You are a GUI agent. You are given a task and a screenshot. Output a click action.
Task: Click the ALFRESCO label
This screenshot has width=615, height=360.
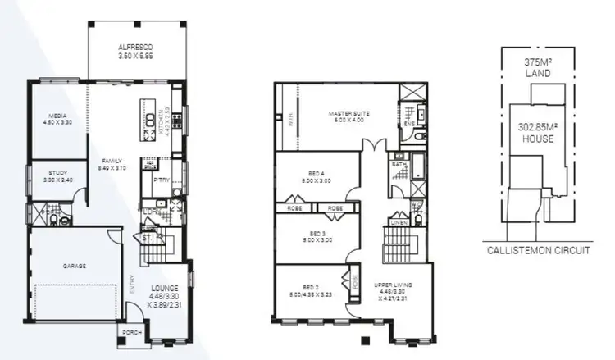[x=136, y=47]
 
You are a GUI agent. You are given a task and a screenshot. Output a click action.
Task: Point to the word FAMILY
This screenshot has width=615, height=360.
[x=112, y=160]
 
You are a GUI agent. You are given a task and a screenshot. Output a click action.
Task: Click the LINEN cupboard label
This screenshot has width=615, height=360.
[x=399, y=221]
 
